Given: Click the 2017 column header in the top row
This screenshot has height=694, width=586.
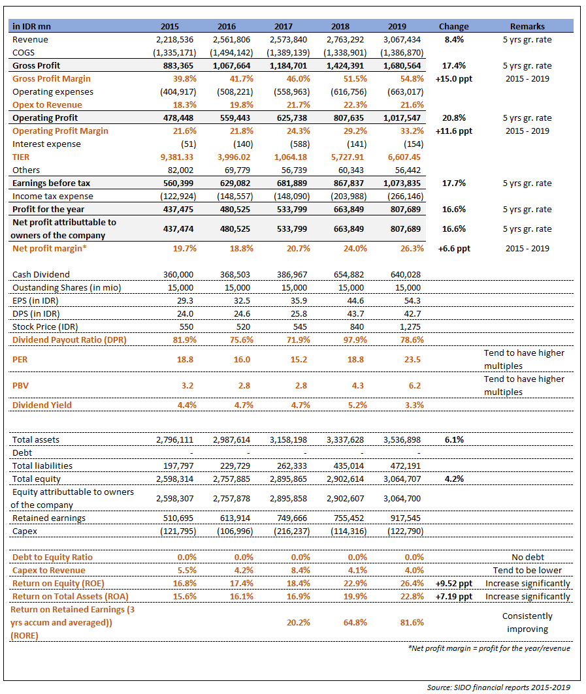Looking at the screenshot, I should [284, 27].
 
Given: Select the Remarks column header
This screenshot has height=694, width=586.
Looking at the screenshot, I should [527, 27].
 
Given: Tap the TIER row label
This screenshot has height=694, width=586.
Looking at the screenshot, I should [21, 157].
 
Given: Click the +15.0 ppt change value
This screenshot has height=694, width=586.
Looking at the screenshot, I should [453, 79].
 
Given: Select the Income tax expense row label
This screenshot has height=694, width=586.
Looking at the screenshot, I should [53, 197].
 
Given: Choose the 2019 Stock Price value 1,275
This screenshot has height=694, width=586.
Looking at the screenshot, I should [410, 327].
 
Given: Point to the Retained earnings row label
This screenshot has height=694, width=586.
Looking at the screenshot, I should [49, 518].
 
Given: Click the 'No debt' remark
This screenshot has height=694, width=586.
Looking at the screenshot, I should [527, 558].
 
